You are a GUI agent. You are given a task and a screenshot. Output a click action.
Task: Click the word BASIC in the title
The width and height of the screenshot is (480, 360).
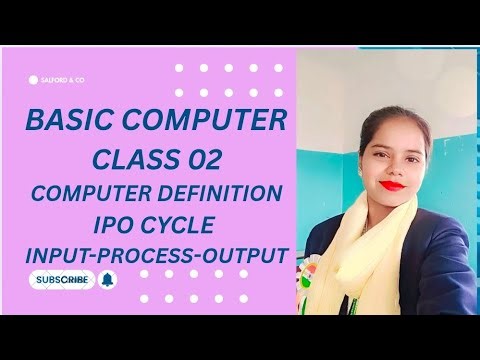click(68, 125)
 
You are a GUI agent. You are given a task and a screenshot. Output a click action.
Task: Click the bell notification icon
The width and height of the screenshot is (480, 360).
click(109, 279)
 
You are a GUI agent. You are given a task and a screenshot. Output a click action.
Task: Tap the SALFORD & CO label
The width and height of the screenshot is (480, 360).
click(62, 78)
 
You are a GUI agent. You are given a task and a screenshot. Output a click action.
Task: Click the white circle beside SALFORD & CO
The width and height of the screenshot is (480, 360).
click(33, 78)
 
